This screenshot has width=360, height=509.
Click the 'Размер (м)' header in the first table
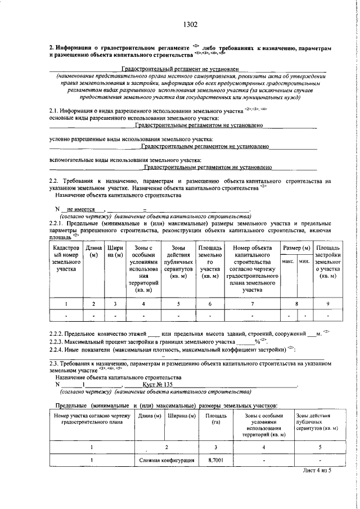pyautogui.click(x=296, y=248)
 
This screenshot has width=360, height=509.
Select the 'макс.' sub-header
pyautogui.click(x=289, y=262)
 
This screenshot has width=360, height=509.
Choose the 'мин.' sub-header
pyautogui.click(x=304, y=262)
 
